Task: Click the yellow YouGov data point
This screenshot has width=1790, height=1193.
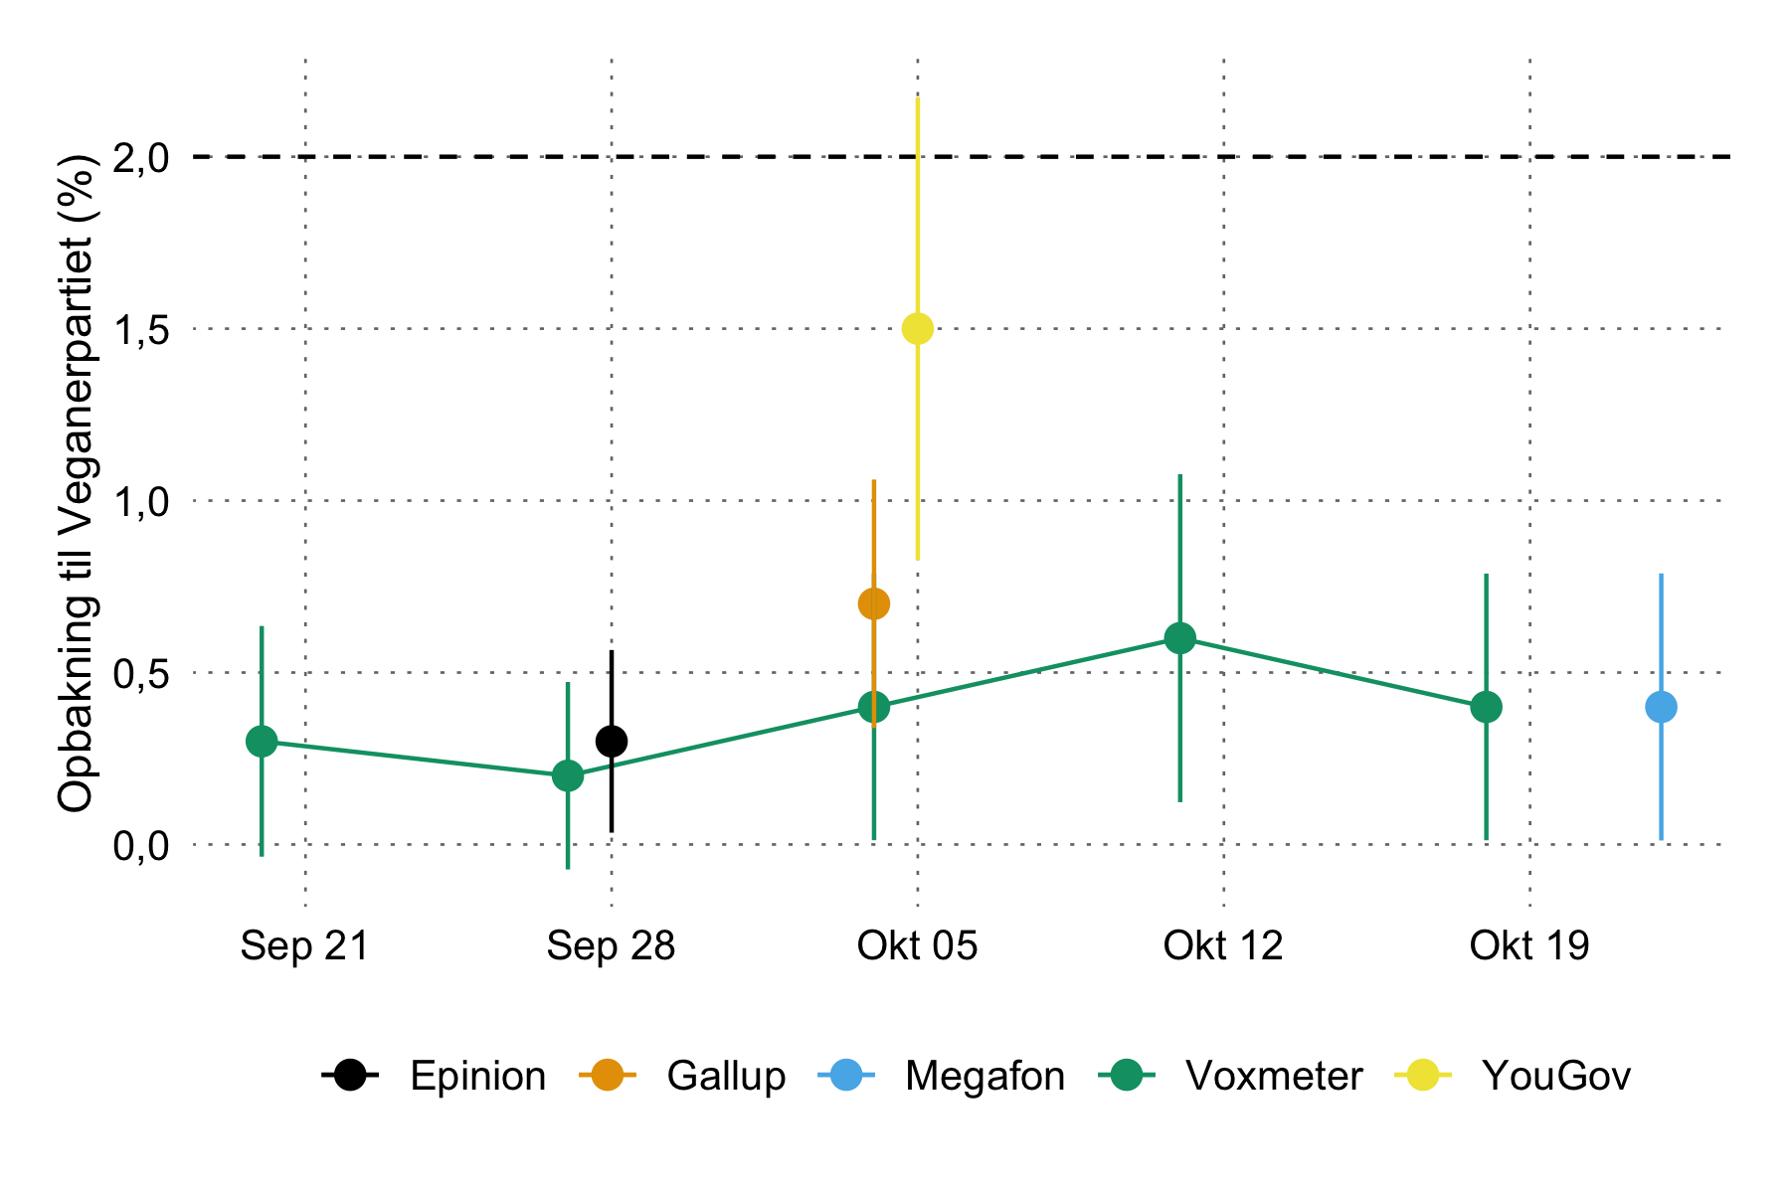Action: [x=917, y=328]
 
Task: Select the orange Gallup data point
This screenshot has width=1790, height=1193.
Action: [x=873, y=603]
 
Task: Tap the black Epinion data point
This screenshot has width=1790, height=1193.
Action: [x=612, y=742]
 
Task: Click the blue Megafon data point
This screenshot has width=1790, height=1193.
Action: [x=1661, y=708]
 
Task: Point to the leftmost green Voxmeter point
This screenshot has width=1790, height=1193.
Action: [x=262, y=742]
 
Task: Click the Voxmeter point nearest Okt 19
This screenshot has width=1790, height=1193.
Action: [x=1486, y=708]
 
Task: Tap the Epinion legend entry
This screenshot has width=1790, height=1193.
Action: [x=477, y=1076]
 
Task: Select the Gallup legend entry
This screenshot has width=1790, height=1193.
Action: [x=726, y=1076]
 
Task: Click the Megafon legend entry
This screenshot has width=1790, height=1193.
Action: [x=984, y=1076]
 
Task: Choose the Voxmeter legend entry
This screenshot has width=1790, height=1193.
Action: [x=1273, y=1076]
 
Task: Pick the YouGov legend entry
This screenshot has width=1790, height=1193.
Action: [x=1555, y=1076]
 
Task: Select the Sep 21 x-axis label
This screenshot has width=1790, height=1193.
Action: [x=304, y=945]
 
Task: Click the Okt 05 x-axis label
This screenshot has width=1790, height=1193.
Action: [x=917, y=945]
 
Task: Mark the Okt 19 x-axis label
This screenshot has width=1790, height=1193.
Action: [x=1529, y=945]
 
